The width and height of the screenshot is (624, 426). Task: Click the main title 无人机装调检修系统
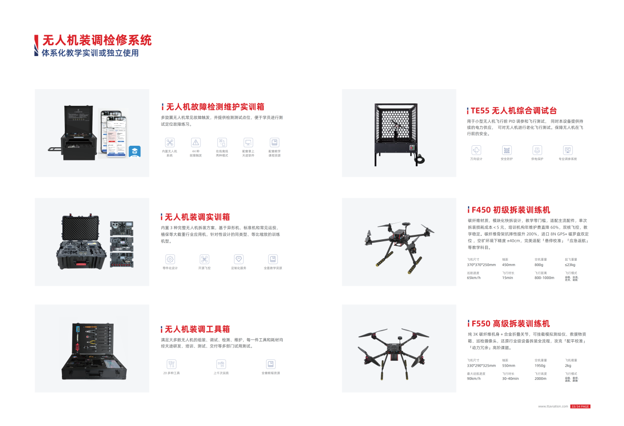click(x=97, y=40)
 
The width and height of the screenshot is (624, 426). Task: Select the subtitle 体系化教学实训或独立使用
click(x=90, y=53)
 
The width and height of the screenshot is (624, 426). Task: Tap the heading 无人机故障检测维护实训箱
click(x=215, y=107)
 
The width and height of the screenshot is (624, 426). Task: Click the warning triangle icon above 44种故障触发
click(x=196, y=142)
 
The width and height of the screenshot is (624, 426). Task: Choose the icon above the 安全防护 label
click(x=507, y=150)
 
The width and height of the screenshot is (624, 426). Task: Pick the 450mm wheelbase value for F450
click(x=508, y=265)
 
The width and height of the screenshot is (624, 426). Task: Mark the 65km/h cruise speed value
click(x=474, y=278)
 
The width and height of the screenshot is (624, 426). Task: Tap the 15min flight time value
click(x=507, y=278)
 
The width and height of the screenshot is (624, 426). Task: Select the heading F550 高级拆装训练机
click(x=510, y=324)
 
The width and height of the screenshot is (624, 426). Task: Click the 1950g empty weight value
click(x=540, y=366)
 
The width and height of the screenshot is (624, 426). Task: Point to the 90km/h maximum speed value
click(x=474, y=378)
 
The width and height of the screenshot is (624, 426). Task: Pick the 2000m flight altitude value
click(x=541, y=378)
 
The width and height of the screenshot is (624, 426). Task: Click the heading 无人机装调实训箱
click(x=197, y=217)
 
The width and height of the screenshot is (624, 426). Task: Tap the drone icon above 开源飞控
click(x=205, y=259)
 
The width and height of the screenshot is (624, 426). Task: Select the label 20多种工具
click(x=172, y=373)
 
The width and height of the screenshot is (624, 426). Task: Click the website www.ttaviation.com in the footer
click(x=553, y=407)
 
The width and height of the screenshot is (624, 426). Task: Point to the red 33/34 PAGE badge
click(x=581, y=407)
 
